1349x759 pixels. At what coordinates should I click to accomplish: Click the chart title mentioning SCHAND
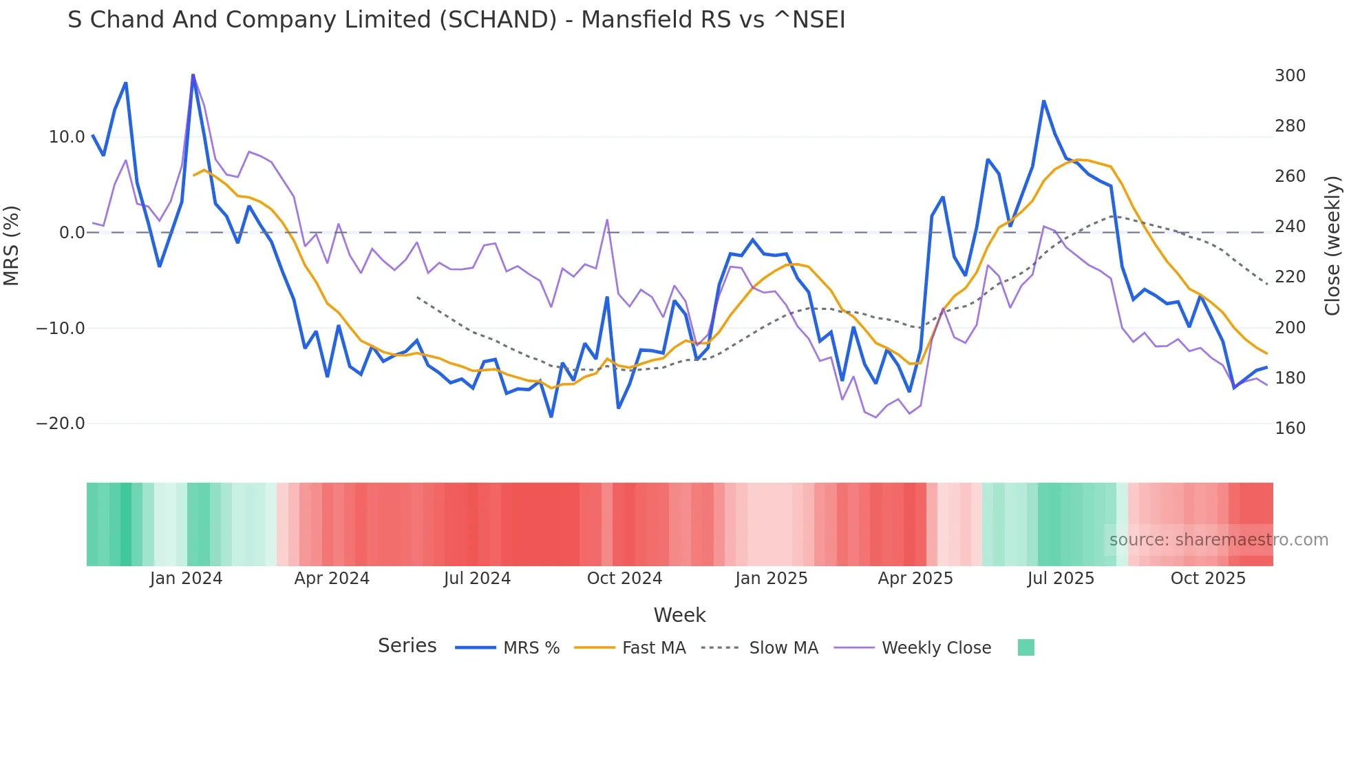[x=456, y=20]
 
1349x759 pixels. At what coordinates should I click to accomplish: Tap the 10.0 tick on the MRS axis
[x=67, y=137]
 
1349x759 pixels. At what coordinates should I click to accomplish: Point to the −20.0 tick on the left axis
[x=61, y=424]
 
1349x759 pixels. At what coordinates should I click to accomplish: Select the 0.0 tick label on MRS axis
[x=72, y=233]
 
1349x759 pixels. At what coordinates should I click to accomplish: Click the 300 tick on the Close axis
[x=1290, y=76]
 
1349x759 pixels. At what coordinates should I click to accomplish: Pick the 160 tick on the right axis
[x=1290, y=428]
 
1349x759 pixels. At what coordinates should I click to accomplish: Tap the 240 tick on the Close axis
[x=1290, y=227]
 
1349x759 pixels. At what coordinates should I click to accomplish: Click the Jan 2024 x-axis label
[x=186, y=579]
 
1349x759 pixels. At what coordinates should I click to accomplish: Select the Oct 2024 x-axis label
[x=624, y=579]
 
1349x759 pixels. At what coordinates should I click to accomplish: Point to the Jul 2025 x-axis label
[x=1061, y=579]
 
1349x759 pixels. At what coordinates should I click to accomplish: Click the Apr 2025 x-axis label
[x=915, y=579]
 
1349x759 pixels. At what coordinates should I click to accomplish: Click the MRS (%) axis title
[x=12, y=245]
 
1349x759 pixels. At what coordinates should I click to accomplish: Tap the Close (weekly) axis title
[x=1333, y=245]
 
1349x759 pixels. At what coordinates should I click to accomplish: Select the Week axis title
[x=679, y=615]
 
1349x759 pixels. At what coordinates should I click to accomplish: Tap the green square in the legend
[x=1026, y=647]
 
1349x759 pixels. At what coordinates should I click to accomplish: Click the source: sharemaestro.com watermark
[x=1218, y=540]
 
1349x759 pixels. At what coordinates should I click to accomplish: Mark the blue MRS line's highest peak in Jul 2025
[x=1043, y=101]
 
